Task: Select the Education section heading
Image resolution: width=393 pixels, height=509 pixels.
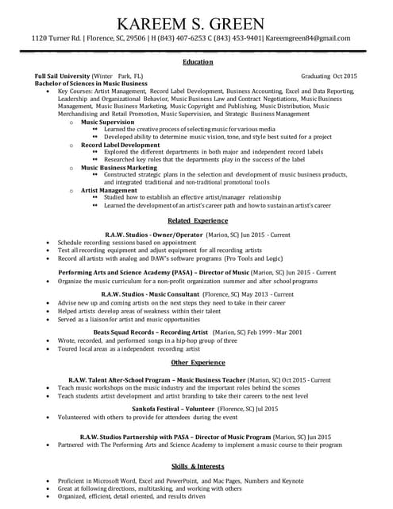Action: [x=197, y=62]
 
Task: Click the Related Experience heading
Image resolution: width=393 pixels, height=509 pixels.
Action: [x=197, y=220]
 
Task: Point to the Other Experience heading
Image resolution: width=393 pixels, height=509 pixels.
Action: [x=197, y=362]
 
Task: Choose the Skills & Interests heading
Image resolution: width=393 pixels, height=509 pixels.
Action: [x=197, y=465]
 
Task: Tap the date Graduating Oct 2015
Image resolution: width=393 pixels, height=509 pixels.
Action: [x=329, y=76]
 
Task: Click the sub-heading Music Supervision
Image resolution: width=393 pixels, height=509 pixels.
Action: [x=108, y=122]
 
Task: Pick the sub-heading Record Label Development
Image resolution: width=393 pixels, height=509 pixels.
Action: [x=121, y=145]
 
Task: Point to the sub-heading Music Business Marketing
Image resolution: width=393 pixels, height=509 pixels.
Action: [x=119, y=168]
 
